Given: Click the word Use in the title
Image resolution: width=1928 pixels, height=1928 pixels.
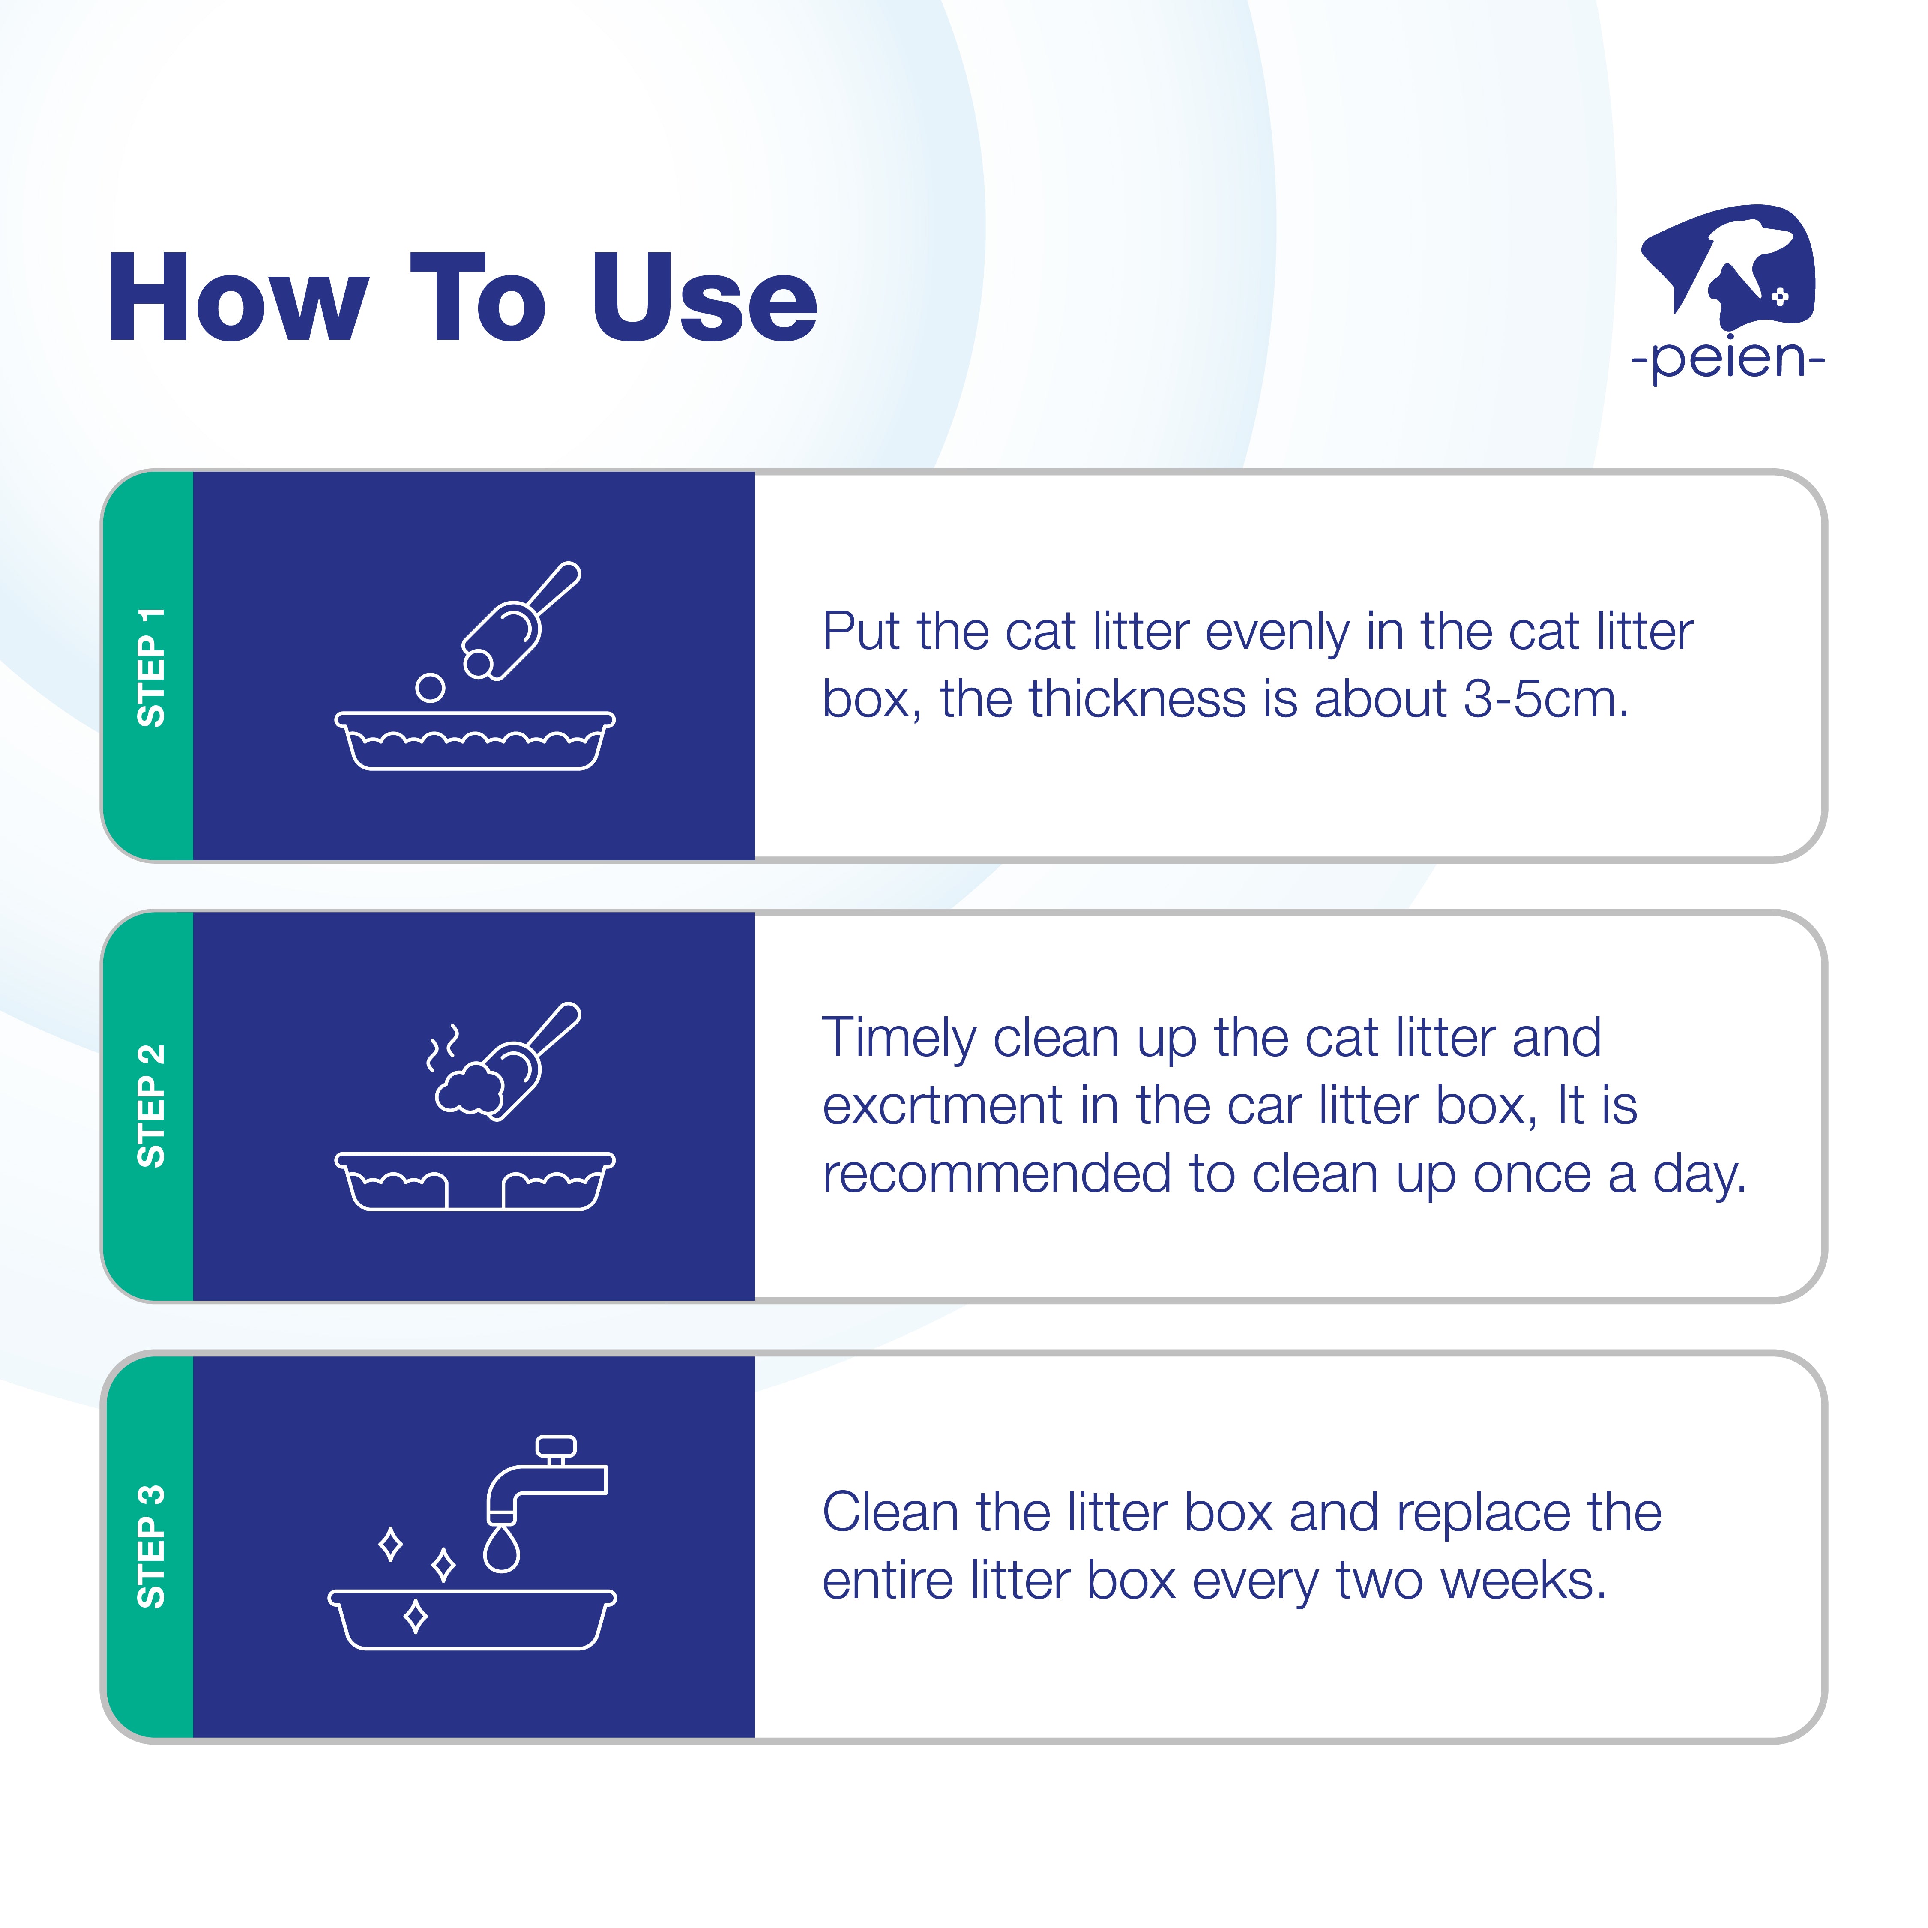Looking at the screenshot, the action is (x=704, y=297).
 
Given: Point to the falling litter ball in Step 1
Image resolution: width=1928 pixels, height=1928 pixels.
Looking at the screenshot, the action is (x=430, y=688).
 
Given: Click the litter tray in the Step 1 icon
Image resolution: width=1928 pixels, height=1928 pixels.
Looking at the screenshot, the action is (x=475, y=740).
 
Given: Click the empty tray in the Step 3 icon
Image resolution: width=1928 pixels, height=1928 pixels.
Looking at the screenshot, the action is (x=472, y=1620).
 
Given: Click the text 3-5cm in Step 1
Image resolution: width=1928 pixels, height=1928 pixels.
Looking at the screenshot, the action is (x=1546, y=700).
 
